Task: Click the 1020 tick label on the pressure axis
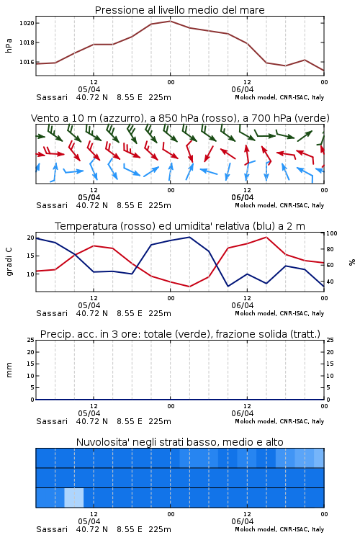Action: point(27,23)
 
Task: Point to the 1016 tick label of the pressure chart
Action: point(27,62)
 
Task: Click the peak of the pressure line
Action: point(170,21)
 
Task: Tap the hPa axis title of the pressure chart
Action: point(9,45)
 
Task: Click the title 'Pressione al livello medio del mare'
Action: point(180,10)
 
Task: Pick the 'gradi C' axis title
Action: point(9,262)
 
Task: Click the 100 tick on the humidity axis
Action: point(332,233)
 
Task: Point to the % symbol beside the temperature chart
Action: point(352,262)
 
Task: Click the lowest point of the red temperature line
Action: point(189,287)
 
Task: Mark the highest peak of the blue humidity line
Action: point(189,237)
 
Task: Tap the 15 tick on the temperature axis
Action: point(30,256)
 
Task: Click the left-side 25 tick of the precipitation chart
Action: point(30,340)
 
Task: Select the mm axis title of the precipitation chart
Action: point(9,370)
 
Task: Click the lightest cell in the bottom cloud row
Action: point(74,498)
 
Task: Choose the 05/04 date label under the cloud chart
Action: point(89,521)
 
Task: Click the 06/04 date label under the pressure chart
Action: point(243,89)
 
